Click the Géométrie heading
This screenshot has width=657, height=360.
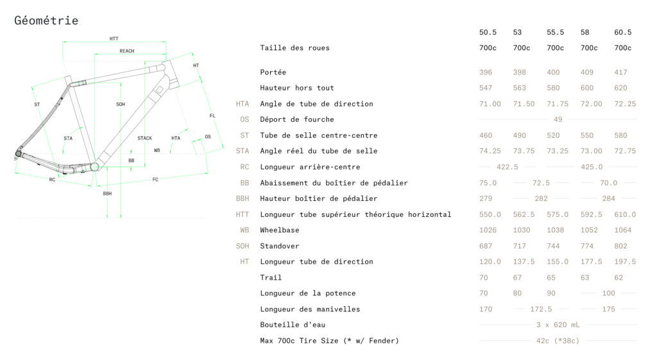pos(46,21)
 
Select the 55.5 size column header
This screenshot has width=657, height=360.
pos(555,32)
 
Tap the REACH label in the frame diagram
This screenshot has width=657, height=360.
pos(127,51)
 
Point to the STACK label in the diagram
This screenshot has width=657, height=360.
pos(144,139)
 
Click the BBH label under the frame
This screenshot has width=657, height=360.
pos(107,194)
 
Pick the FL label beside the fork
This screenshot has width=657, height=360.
pos(212,116)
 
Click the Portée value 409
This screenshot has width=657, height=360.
pos(586,72)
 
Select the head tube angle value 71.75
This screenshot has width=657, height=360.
pos(558,104)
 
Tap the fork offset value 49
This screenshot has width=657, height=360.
pos(558,119)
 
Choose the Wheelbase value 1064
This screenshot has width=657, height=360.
pos(622,230)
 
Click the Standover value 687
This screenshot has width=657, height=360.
pos(486,246)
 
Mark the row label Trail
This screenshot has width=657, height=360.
pos(271,277)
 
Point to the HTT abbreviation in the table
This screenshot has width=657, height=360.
pos(242,214)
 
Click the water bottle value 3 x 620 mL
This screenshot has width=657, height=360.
pos(558,325)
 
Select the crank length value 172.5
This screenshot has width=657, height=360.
pos(541,309)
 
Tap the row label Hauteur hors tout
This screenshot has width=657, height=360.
pos(296,88)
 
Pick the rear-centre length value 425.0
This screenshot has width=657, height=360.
pos(591,167)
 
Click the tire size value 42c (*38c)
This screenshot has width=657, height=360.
pos(558,341)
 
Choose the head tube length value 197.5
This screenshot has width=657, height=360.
pos(625,262)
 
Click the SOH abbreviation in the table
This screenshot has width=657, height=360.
pos(242,246)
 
